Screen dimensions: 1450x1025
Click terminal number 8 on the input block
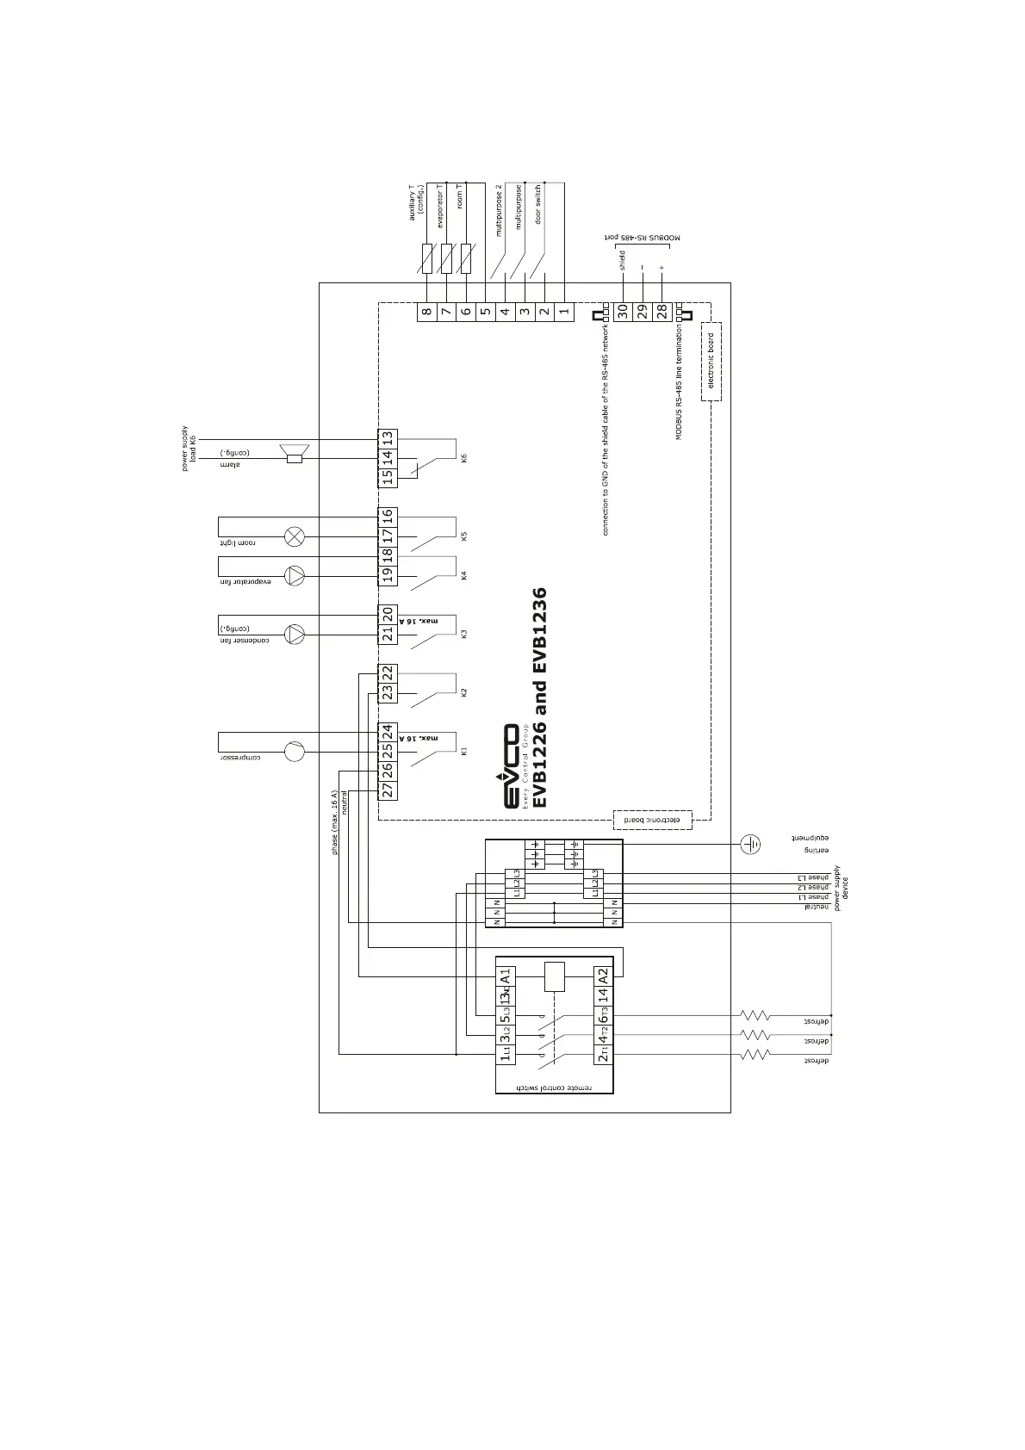426,312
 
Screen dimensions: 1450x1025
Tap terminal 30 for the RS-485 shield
622,312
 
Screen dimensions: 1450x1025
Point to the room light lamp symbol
295,536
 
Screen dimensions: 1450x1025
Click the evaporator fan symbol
295,575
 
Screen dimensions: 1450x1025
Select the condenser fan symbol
295,635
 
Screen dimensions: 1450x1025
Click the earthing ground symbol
751,844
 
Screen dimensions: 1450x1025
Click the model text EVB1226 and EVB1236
540,697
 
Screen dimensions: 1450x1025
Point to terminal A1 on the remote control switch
506,976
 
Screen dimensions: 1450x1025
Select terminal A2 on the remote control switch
603,976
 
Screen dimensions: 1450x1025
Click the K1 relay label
463,751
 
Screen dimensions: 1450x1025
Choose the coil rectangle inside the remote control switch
555,976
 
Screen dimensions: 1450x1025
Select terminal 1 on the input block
564,312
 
